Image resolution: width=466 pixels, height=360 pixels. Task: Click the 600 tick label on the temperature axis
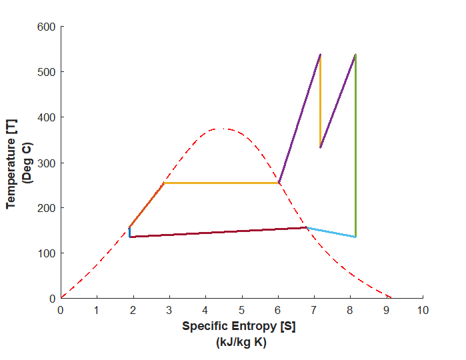pyautogui.click(x=47, y=27)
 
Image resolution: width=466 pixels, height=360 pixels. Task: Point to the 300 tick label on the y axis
pyautogui.click(x=47, y=163)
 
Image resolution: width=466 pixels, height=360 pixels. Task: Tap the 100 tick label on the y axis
pyautogui.click(x=47, y=253)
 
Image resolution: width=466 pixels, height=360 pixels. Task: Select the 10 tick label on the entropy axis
pyautogui.click(x=423, y=310)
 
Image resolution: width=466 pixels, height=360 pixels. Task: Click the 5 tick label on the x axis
pyautogui.click(x=242, y=310)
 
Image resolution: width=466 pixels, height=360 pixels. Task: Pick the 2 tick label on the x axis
pyautogui.click(x=133, y=310)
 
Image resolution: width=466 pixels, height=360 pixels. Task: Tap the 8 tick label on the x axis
pyautogui.click(x=351, y=310)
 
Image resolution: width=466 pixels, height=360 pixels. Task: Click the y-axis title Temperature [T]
pyautogui.click(x=12, y=163)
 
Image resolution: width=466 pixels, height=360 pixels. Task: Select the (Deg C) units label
pyautogui.click(x=27, y=163)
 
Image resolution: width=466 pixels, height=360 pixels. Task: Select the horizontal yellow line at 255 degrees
pyautogui.click(x=220, y=183)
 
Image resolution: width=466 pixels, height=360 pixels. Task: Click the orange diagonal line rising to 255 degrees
pyautogui.click(x=147, y=205)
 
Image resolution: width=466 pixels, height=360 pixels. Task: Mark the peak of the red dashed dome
pyautogui.click(x=224, y=129)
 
